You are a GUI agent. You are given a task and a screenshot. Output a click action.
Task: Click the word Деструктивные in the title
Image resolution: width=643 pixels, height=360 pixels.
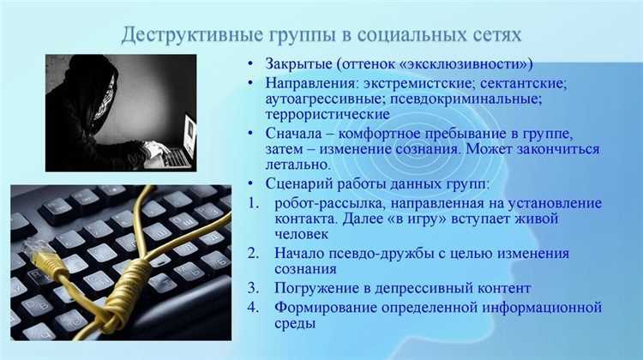192,34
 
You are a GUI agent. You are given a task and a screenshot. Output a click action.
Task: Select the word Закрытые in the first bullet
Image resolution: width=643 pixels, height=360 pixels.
298,64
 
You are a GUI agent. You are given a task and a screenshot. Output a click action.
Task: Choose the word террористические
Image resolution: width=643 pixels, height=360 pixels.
328,114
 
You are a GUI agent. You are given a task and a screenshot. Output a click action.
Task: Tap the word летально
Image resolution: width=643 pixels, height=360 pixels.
297,165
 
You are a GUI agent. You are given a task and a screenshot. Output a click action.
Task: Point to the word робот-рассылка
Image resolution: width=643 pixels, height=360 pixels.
329,203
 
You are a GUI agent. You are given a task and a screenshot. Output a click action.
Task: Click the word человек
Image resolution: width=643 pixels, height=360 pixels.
302,234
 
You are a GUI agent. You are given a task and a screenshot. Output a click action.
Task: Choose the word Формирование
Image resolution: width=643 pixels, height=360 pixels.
326,307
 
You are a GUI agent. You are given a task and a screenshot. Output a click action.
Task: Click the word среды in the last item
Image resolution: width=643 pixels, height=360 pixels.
295,323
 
